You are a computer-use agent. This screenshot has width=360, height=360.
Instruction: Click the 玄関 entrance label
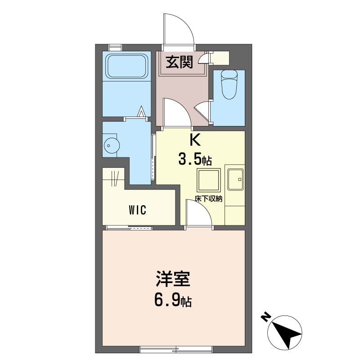pyautogui.click(x=179, y=62)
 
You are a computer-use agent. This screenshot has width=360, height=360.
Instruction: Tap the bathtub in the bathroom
pyautogui.click(x=126, y=66)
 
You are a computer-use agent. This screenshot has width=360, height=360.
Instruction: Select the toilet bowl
pyautogui.click(x=229, y=84)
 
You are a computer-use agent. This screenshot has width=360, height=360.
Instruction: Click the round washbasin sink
pyautogui.click(x=112, y=145)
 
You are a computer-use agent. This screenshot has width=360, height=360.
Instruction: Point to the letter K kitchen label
pyautogui.click(x=195, y=140)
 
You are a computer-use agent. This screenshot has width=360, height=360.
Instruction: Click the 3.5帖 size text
pyautogui.click(x=195, y=160)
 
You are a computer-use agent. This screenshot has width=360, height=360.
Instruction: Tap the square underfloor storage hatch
pyautogui.click(x=208, y=180)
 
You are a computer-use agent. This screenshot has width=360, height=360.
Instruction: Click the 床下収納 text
pyautogui.click(x=208, y=198)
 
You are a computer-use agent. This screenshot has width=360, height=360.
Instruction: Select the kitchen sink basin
pyautogui.click(x=235, y=179)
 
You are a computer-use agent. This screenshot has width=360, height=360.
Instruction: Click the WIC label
pyautogui.click(x=138, y=210)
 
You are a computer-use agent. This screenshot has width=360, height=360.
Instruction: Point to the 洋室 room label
pyautogui.click(x=173, y=279)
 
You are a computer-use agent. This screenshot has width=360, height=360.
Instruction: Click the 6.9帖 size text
pyautogui.click(x=173, y=301)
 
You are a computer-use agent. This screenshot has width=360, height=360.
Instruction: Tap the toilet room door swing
pyautogui.click(x=202, y=111)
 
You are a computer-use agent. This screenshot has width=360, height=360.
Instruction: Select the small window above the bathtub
pyautogui.click(x=115, y=48)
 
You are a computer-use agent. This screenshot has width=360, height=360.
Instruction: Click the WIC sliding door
pyautogui.click(x=130, y=228)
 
